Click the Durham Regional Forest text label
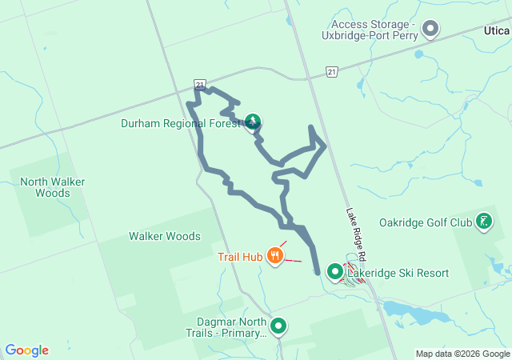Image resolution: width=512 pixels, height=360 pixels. pyautogui.click(x=181, y=124)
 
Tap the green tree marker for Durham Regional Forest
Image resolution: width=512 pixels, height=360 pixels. pyautogui.click(x=253, y=122)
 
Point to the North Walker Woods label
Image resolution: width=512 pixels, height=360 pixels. pyautogui.click(x=53, y=187)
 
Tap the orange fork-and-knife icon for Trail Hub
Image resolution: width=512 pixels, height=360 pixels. pyautogui.click(x=276, y=256)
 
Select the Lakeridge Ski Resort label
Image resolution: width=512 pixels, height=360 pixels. pyautogui.click(x=398, y=274)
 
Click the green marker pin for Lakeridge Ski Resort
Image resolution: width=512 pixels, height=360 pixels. pyautogui.click(x=335, y=273)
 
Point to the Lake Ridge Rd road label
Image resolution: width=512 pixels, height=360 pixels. pyautogui.click(x=355, y=234)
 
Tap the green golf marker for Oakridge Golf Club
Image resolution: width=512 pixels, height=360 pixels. pyautogui.click(x=484, y=221)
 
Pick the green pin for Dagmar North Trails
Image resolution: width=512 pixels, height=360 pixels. pyautogui.click(x=278, y=326)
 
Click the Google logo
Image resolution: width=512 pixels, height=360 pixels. pyautogui.click(x=26, y=350)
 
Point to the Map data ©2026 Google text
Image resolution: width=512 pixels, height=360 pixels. pyautogui.click(x=462, y=354)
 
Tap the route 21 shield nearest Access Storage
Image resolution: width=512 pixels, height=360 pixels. pyautogui.click(x=331, y=72)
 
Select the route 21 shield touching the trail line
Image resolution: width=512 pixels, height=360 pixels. pyautogui.click(x=200, y=83)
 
